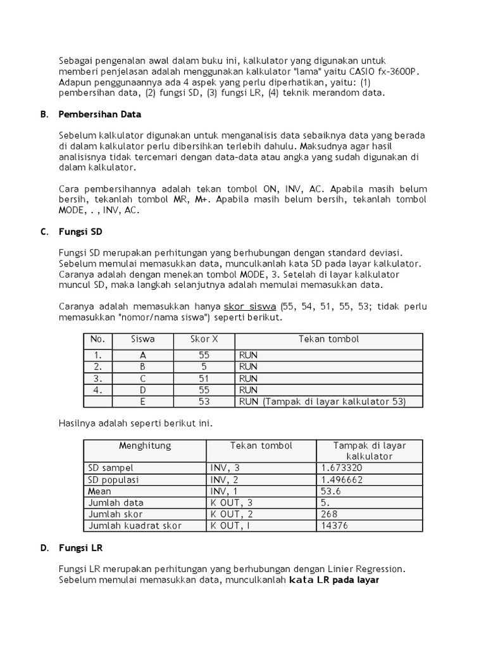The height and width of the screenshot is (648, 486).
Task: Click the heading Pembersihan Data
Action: [x=100, y=115]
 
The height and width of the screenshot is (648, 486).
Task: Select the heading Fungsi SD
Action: [x=78, y=232]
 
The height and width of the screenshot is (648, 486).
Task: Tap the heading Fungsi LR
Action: [x=78, y=547]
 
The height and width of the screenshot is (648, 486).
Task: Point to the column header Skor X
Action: [x=204, y=339]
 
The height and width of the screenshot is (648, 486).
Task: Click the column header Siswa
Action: [x=142, y=339]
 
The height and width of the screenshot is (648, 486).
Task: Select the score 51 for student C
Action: [x=204, y=378]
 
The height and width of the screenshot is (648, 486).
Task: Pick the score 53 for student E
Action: [x=204, y=401]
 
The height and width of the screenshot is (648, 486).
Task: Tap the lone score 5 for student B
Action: [x=204, y=366]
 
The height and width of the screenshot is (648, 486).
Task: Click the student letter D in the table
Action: [x=143, y=390]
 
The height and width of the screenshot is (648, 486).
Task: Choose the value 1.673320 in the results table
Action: [x=342, y=468]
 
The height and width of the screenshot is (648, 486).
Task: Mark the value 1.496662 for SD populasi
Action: [x=342, y=479]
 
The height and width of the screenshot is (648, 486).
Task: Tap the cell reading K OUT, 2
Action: [x=232, y=514]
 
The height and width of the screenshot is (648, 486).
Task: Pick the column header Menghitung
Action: [x=145, y=445]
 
